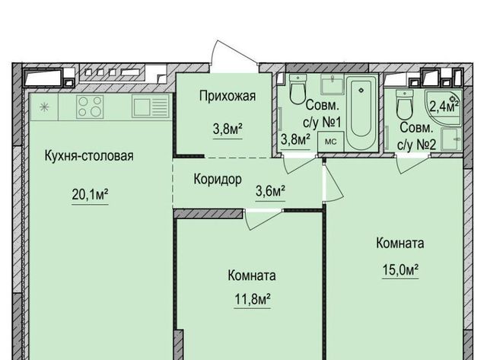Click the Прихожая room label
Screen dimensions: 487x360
pyautogui.click(x=228, y=96)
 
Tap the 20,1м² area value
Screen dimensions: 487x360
pyautogui.click(x=90, y=195)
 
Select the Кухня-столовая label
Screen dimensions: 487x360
pyautogui.click(x=89, y=155)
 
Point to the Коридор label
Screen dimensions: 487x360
pyautogui.click(x=218, y=179)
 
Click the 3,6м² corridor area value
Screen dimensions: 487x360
pyautogui.click(x=270, y=191)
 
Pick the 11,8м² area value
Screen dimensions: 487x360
pyautogui.click(x=252, y=299)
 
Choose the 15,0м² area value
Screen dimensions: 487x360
pyautogui.click(x=400, y=269)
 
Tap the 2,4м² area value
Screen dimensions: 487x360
pyautogui.click(x=444, y=107)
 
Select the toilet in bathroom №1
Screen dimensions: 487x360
pyautogui.click(x=298, y=89)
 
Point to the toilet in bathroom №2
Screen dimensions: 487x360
pyautogui.click(x=404, y=105)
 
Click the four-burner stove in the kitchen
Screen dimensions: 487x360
pyautogui.click(x=90, y=107)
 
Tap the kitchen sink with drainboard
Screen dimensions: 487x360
pyautogui.click(x=151, y=107)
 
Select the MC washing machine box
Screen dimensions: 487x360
pyautogui.click(x=330, y=142)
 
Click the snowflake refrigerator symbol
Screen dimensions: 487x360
pyautogui.click(x=44, y=107)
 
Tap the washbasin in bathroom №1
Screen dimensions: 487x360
pyautogui.click(x=332, y=84)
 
